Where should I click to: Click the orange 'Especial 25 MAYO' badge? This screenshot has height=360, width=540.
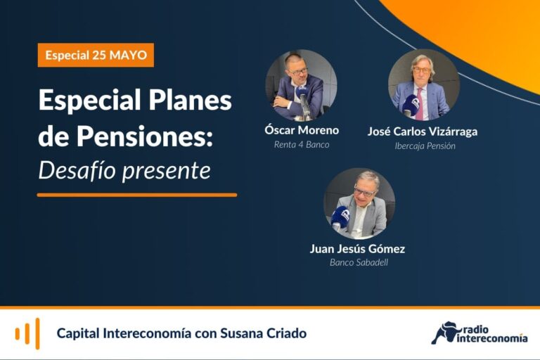tap(96, 55)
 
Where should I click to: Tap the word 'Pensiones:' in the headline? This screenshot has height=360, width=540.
tap(145, 136)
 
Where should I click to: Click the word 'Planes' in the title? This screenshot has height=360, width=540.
tap(190, 101)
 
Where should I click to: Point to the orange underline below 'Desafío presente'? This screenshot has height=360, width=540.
tap(137, 195)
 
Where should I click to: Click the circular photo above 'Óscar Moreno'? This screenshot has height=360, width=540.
tap(301, 86)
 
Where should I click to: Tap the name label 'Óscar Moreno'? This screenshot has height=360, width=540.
tap(302, 130)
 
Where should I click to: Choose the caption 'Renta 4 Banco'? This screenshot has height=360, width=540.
tap(302, 145)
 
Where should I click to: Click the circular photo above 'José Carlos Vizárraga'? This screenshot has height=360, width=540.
tap(424, 85)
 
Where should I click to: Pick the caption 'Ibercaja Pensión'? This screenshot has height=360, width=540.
tap(425, 146)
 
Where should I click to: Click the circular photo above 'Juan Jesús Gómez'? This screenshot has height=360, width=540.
tap(359, 204)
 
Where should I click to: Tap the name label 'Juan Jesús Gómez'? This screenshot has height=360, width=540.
tap(357, 249)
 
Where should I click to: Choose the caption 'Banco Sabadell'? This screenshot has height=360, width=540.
tap(359, 262)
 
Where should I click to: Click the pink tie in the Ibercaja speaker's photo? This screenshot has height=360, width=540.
tap(420, 103)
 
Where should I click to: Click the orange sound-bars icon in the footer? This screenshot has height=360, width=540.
tap(27, 333)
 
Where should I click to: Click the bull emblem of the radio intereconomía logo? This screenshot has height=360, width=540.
tap(445, 333)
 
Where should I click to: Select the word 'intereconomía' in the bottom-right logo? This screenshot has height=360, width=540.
tap(492, 339)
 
